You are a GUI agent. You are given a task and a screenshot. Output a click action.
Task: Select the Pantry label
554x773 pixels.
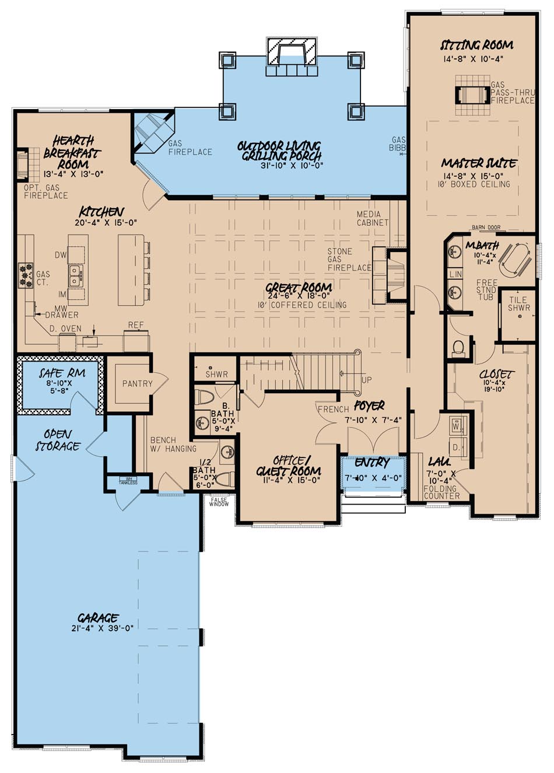(137, 383)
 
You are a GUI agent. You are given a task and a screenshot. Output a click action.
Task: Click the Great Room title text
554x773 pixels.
(299, 288)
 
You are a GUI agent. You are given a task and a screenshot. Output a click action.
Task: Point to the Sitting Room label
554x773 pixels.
(476, 45)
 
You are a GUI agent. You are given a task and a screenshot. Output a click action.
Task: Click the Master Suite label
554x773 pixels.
(478, 163)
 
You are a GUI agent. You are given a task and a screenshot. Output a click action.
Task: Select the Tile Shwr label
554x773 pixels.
(518, 303)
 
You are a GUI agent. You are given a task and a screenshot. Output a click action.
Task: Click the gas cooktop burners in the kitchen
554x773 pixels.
(26, 275)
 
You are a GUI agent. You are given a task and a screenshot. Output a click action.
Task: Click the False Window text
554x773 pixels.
(219, 501)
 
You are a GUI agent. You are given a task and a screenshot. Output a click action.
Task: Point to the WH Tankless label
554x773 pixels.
(128, 481)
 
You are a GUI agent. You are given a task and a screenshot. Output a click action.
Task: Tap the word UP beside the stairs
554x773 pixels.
(366, 379)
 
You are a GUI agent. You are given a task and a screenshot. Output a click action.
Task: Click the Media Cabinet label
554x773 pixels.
(372, 219)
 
